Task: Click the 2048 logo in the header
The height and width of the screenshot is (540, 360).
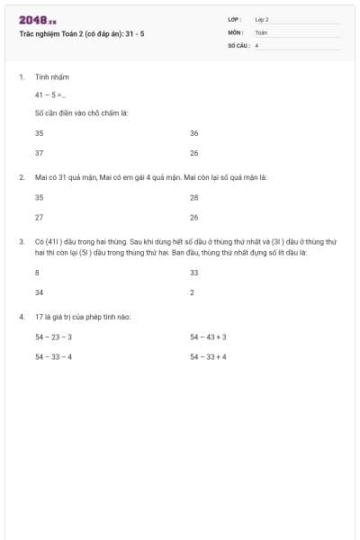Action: pyautogui.click(x=38, y=20)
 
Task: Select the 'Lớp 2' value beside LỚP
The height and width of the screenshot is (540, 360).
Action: pyautogui.click(x=262, y=19)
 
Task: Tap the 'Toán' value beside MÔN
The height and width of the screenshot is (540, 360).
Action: pyautogui.click(x=261, y=31)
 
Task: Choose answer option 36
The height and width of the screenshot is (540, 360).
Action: pyautogui.click(x=194, y=132)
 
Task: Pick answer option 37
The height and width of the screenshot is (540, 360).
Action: pyautogui.click(x=39, y=152)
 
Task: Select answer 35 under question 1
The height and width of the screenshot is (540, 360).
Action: pyautogui.click(x=39, y=132)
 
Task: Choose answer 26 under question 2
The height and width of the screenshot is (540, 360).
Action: pyautogui.click(x=194, y=217)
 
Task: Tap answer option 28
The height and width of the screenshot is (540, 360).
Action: pyautogui.click(x=194, y=197)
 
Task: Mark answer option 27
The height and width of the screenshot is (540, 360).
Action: pyautogui.click(x=39, y=217)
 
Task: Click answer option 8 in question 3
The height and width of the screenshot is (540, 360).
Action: pyautogui.click(x=37, y=272)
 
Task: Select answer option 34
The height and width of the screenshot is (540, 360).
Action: pyautogui.click(x=39, y=292)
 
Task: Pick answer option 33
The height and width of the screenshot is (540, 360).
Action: pyautogui.click(x=194, y=272)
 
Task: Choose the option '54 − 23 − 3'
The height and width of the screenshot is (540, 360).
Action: pyautogui.click(x=53, y=337)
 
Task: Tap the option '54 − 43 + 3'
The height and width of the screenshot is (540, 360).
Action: pyautogui.click(x=208, y=337)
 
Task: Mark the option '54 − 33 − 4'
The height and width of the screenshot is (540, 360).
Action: pyautogui.click(x=53, y=356)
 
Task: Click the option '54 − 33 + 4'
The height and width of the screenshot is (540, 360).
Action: pyautogui.click(x=208, y=356)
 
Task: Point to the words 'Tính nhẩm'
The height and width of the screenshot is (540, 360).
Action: pyautogui.click(x=46, y=77)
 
